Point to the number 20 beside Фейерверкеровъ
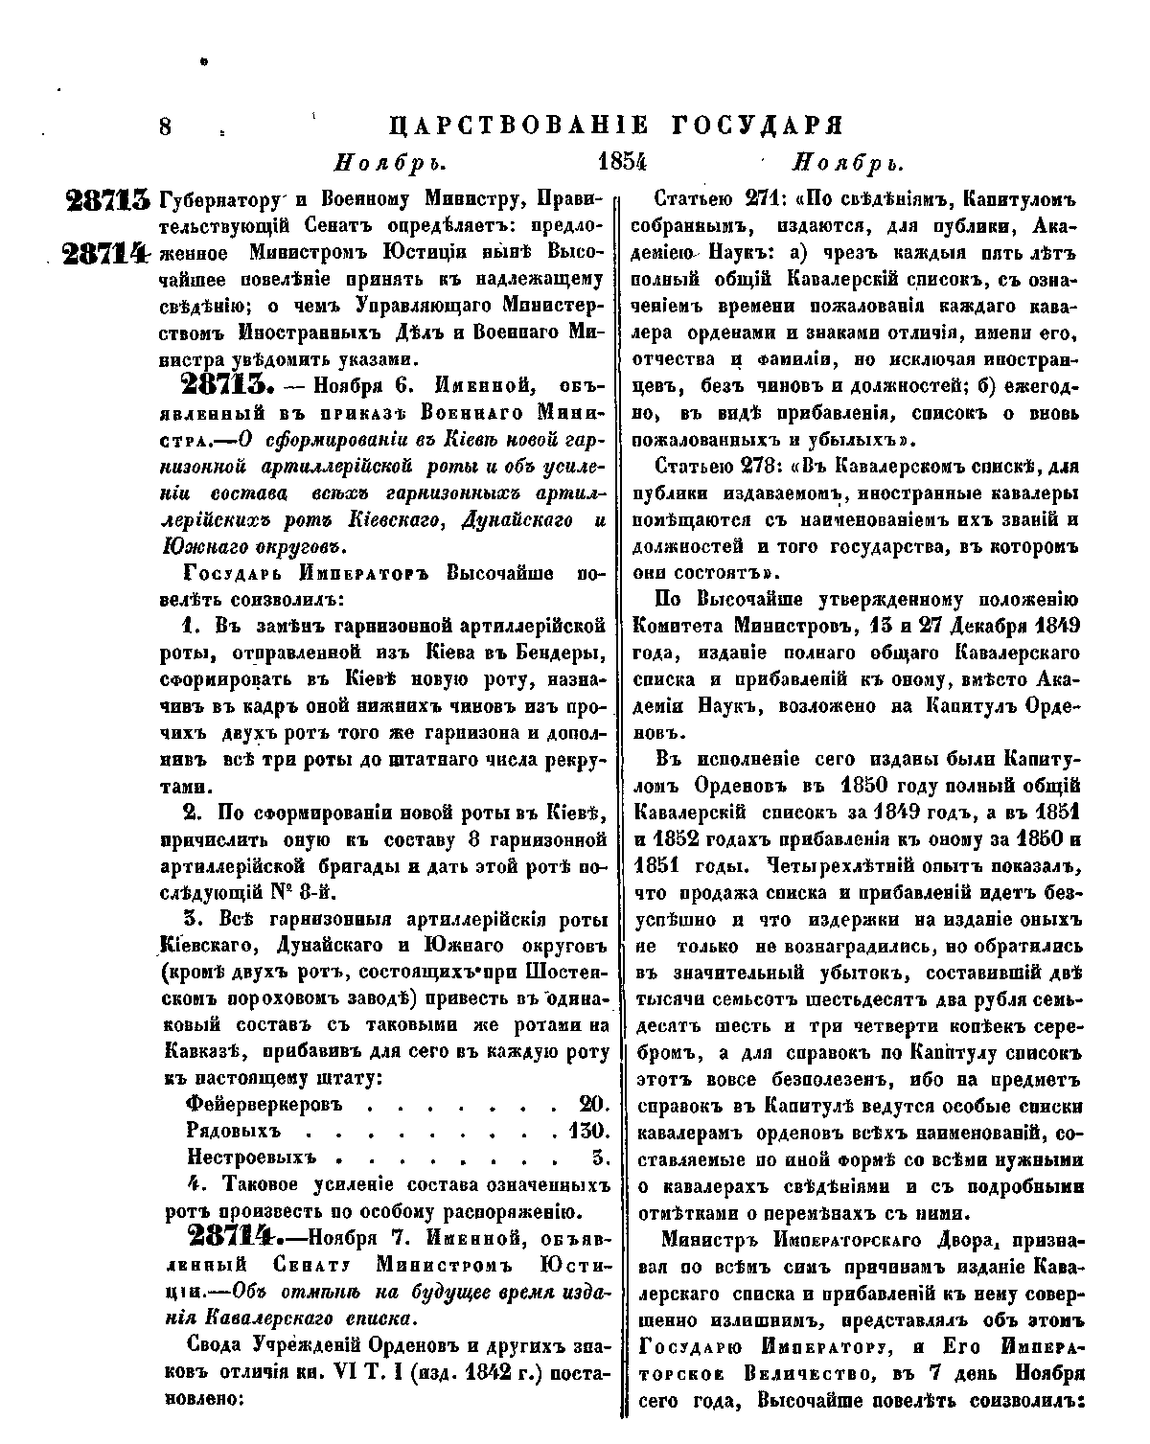(595, 1103)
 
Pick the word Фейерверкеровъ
(264, 1103)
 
